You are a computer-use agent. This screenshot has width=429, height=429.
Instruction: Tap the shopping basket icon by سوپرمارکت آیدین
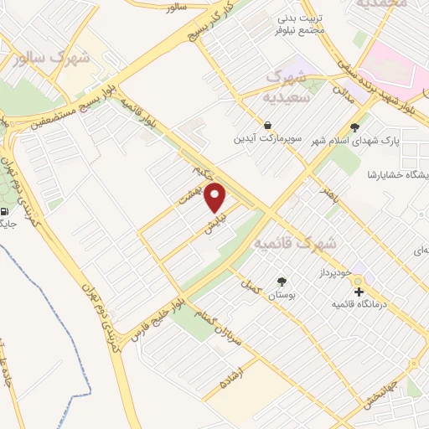(266, 124)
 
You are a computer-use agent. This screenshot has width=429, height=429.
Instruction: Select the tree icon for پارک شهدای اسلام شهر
(356, 128)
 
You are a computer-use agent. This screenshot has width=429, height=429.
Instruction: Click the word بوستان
(282, 297)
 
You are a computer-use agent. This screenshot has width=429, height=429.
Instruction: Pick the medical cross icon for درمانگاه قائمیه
(359, 292)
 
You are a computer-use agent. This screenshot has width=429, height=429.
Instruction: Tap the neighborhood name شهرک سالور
(53, 59)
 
